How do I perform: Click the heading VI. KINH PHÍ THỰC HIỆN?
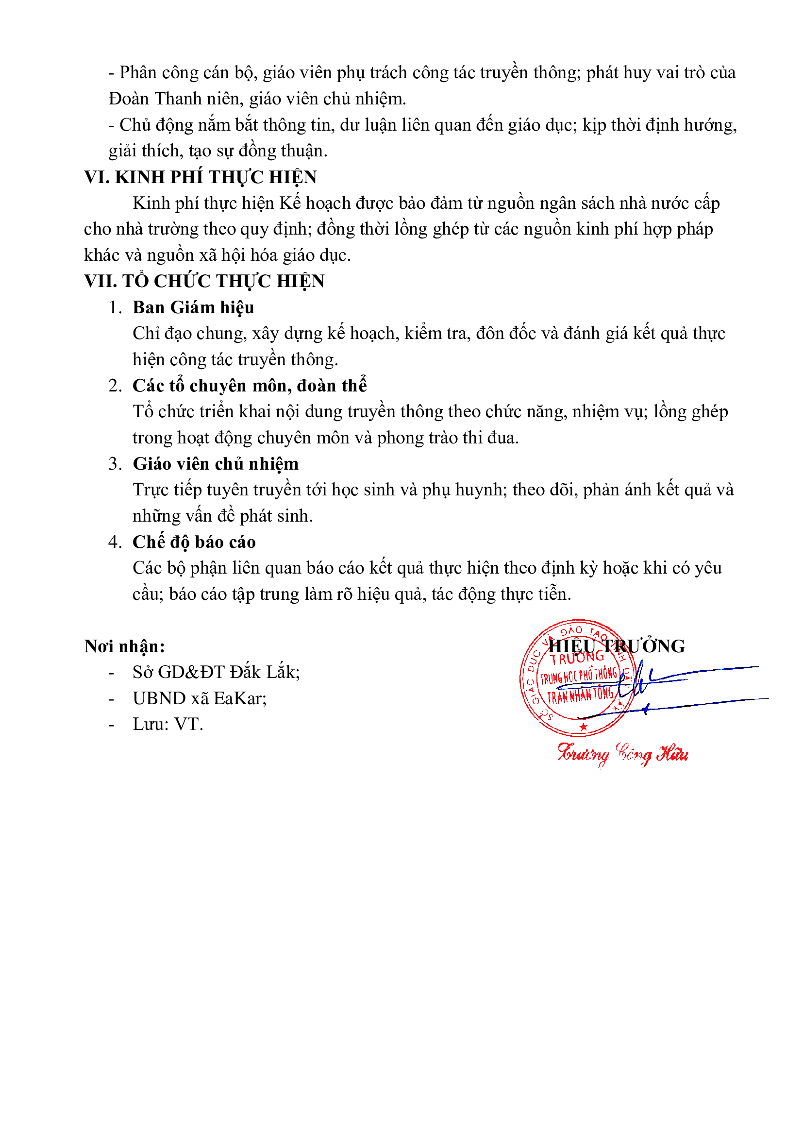pyautogui.click(x=200, y=177)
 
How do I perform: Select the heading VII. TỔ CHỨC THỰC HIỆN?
pyautogui.click(x=204, y=281)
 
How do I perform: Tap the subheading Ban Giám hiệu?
pyautogui.click(x=193, y=307)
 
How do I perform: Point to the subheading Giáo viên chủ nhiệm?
pyautogui.click(x=216, y=464)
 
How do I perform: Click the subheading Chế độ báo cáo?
pyautogui.click(x=194, y=542)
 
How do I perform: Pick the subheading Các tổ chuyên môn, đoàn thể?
pyautogui.click(x=250, y=386)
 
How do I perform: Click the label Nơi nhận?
pyautogui.click(x=125, y=646)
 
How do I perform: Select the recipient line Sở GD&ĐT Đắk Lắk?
pyautogui.click(x=216, y=672)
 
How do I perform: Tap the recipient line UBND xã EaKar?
pyautogui.click(x=199, y=698)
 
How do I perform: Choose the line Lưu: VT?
pyautogui.click(x=167, y=724)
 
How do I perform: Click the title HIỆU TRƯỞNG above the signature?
pyautogui.click(x=617, y=646)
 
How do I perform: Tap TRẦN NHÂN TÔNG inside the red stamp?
pyautogui.click(x=580, y=695)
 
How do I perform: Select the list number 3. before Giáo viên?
pyautogui.click(x=115, y=464)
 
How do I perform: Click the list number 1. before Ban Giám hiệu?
pyautogui.click(x=115, y=307)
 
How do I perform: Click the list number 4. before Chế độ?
pyautogui.click(x=115, y=542)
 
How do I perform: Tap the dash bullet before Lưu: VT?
pyautogui.click(x=112, y=725)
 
